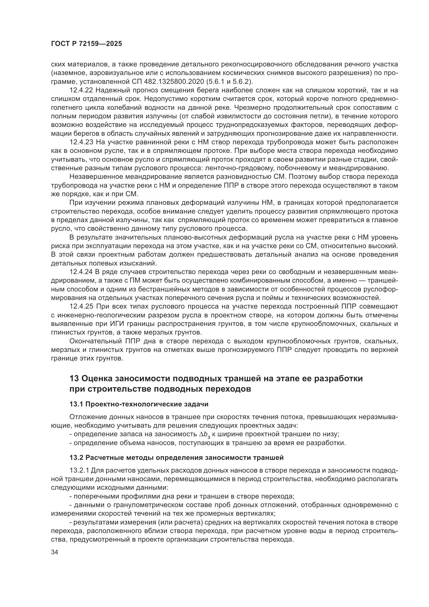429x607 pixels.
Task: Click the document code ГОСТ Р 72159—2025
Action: [86, 44]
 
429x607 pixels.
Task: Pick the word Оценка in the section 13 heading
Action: [97, 379]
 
